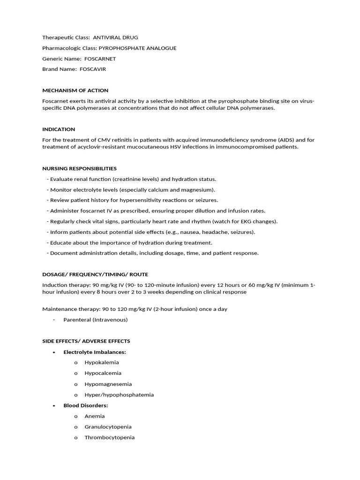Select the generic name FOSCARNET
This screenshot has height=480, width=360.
coord(100,59)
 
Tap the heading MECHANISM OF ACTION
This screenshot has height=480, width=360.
coord(75,90)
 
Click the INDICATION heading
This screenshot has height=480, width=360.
coord(59,129)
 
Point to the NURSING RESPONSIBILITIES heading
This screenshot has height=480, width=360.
coord(79,168)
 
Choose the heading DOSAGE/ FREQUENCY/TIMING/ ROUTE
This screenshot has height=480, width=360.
coord(95,274)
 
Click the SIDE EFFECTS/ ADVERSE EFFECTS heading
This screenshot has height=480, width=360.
coord(86,341)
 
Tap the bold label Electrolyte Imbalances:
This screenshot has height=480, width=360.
coord(95,352)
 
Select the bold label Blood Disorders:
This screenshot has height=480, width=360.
coord(86,405)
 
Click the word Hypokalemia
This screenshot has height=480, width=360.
coord(102,362)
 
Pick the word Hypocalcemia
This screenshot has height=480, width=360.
coord(103,373)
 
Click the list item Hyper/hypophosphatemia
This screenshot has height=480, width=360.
coord(119,395)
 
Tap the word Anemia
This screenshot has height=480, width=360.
coord(95,416)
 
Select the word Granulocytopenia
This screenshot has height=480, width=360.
coord(108,427)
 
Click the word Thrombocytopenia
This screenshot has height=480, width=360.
coord(109,437)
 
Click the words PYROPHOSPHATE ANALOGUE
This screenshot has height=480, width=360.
coord(137,48)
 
